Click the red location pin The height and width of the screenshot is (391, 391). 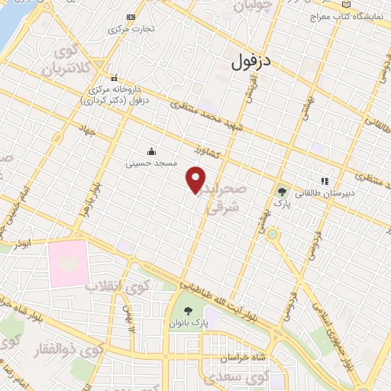tap(196, 179)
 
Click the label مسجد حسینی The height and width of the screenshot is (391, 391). tap(152, 163)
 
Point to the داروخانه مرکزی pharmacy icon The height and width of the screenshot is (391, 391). tap(115, 77)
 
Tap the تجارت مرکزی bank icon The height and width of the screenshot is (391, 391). tap(131, 17)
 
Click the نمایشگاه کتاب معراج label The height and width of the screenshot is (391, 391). tap(350, 15)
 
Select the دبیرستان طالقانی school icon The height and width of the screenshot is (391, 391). tap(325, 182)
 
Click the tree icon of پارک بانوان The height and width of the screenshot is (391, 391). tap(188, 310)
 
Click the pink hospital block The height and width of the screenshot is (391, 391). tap(68, 263)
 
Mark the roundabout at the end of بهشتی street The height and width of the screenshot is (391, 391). tap(273, 234)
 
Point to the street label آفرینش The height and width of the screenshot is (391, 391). tap(248, 91)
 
